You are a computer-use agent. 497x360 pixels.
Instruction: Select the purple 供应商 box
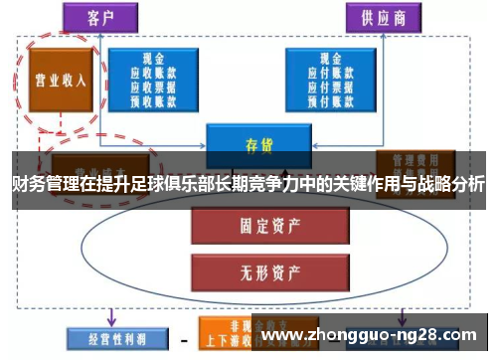[383, 16]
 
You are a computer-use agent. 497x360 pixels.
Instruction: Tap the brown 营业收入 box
[60, 81]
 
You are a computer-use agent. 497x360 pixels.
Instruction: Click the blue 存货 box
[252, 141]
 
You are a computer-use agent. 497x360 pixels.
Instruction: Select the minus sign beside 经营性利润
[184, 337]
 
